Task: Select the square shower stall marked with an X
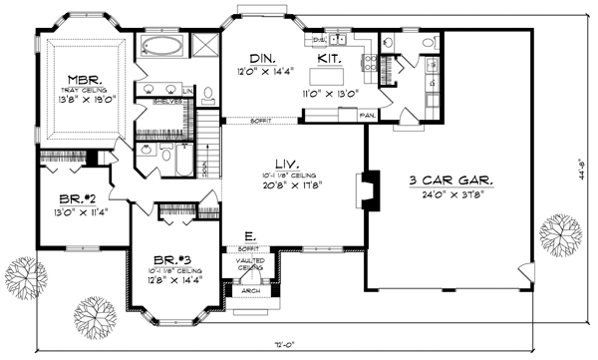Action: point(205,46)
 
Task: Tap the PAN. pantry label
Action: point(368,117)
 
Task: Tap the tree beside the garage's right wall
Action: point(556,235)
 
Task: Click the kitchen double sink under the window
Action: point(337,40)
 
